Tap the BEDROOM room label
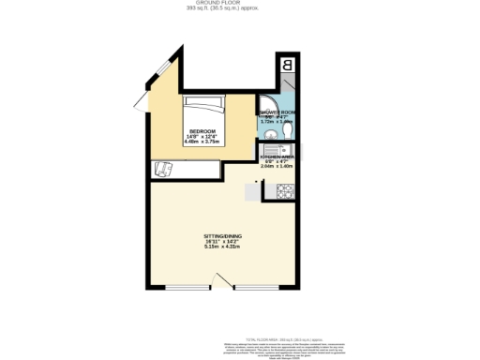pos(202,130)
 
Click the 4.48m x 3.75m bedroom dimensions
pos(202,142)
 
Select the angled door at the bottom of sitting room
pos(221,280)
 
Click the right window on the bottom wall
pos(262,285)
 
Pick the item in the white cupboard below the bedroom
pos(162,169)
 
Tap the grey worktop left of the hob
pos(254,191)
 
